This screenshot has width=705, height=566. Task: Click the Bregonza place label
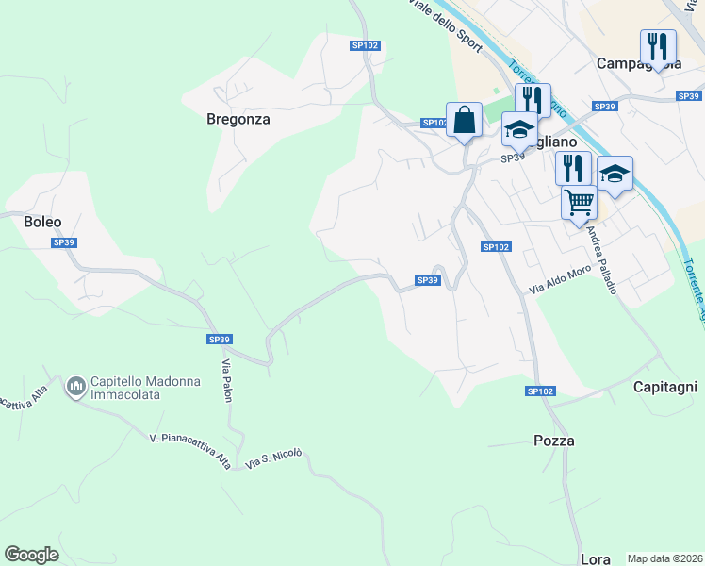coord(238,120)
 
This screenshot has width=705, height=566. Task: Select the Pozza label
coord(553,441)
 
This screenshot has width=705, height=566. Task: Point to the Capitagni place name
coord(664,387)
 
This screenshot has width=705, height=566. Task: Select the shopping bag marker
coord(464,121)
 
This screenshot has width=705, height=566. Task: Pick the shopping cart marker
coord(579,202)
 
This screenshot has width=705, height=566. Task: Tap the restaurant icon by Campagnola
coord(658,47)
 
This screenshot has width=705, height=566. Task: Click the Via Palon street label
coord(227,380)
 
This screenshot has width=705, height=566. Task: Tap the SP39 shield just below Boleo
coord(64,242)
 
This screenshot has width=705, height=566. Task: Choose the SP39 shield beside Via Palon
coord(220,340)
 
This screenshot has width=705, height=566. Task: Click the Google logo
coord(31,555)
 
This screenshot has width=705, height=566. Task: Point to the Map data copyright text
coord(664,558)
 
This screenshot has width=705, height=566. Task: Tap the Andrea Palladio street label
coord(601,260)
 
